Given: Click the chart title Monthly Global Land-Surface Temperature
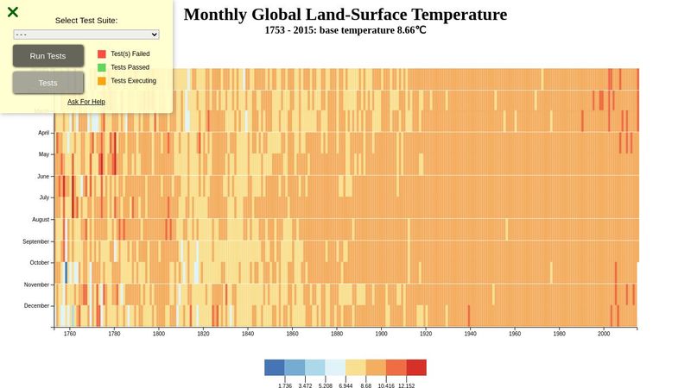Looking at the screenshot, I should coord(345,15).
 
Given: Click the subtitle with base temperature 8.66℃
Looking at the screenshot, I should coord(345,29).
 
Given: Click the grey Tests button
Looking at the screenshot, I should coord(48,83).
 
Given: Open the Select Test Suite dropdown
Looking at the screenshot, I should coord(86,34).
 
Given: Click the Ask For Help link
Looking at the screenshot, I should coord(86,102).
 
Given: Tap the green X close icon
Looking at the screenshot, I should coord(13,12).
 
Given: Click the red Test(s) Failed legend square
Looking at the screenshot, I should coord(102,53).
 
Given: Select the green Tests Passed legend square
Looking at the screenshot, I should coord(102,67).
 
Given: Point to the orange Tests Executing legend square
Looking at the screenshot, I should coord(102,81).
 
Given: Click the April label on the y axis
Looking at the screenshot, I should coord(43,133).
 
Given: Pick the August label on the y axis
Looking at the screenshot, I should coord(41,220).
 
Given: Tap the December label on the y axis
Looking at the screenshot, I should coord(37,306).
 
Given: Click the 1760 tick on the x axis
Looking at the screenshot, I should coord(70,334).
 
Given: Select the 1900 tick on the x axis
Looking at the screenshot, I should coord(382,334).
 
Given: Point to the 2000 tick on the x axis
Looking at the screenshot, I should coord(604,334).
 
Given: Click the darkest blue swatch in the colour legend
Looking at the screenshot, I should coord(275,367).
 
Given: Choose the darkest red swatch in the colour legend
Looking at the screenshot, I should coord(416,367).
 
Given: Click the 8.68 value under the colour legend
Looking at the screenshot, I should coord(365,386).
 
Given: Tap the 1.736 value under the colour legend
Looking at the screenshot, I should coord(284,386).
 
